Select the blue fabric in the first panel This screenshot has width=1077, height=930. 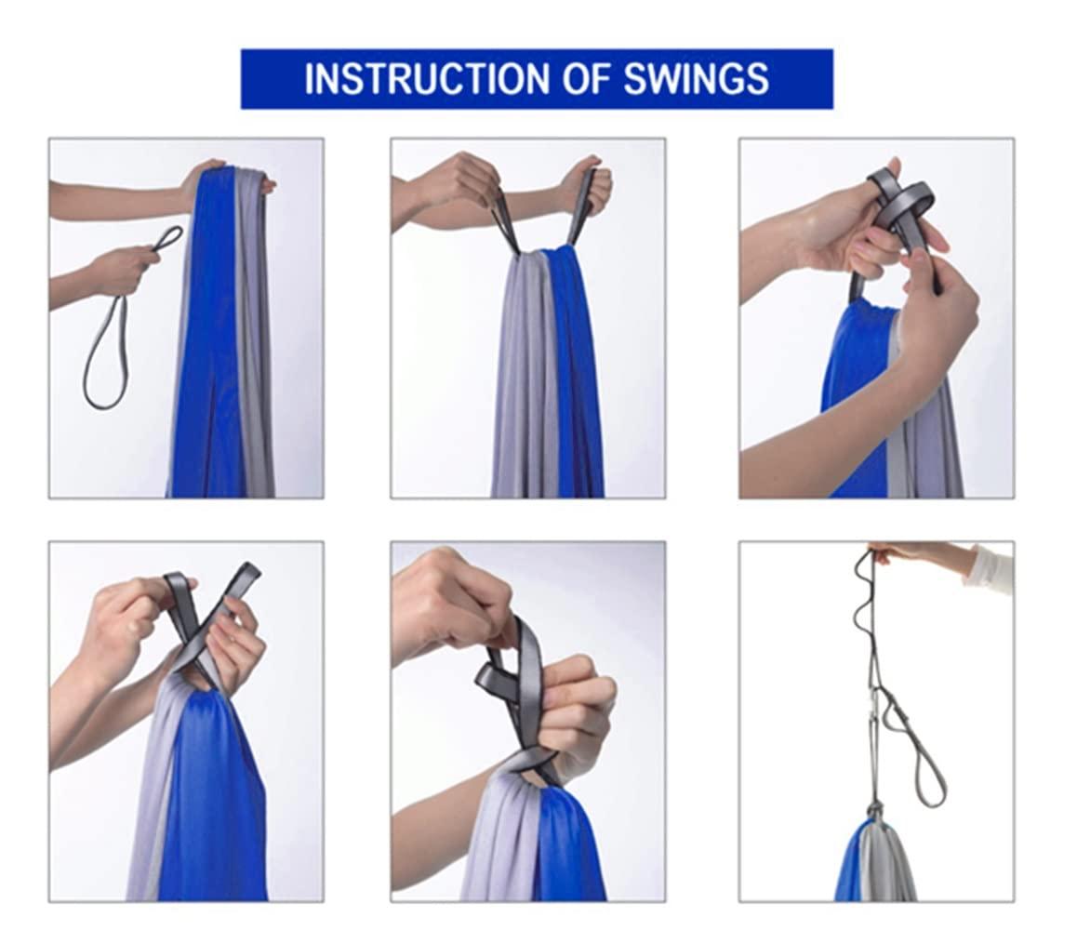(206, 343)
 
